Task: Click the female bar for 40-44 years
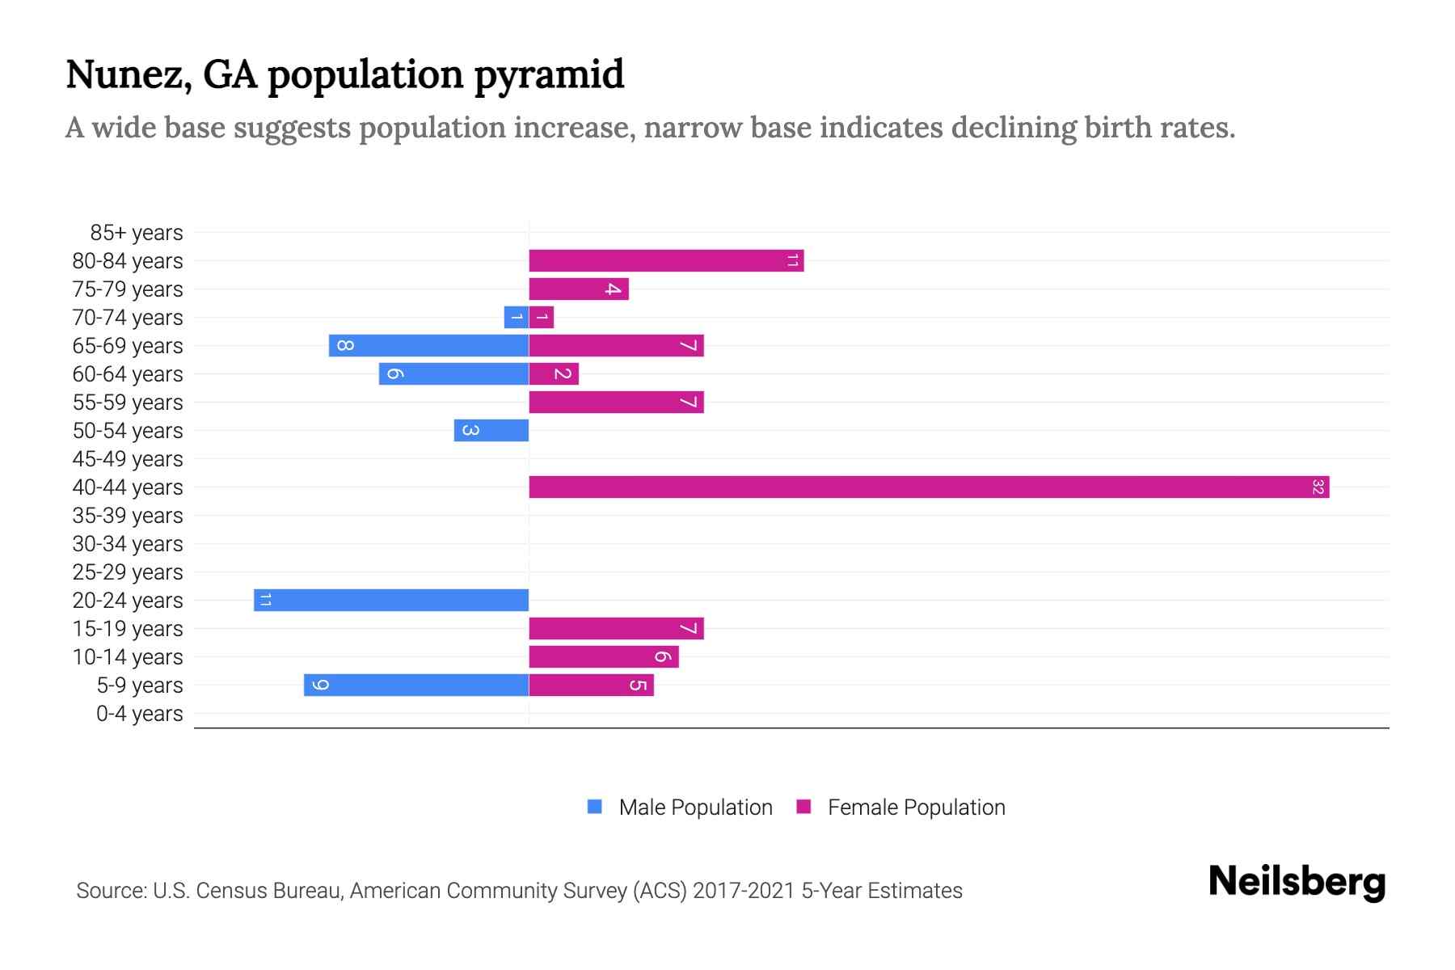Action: [x=929, y=487]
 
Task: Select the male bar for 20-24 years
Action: [x=391, y=601]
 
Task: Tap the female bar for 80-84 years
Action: [x=666, y=261]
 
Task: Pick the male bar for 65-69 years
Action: [x=428, y=346]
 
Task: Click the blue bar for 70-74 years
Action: [x=516, y=318]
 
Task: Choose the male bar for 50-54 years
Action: [x=491, y=431]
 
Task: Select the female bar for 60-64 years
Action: [x=554, y=374]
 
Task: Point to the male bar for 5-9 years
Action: [x=416, y=685]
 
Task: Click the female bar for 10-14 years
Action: [x=604, y=657]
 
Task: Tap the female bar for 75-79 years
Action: [x=579, y=289]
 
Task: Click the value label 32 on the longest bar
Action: [x=1318, y=487]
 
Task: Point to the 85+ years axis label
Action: [x=137, y=233]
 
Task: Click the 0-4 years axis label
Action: [x=139, y=714]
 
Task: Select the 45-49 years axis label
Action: [x=128, y=459]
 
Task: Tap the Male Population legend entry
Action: [x=695, y=808]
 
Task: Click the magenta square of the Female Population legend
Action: [x=803, y=807]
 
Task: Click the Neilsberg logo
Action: [x=1297, y=882]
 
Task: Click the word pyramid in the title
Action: [x=549, y=75]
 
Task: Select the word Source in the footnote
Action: [x=109, y=891]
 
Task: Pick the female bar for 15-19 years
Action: [x=616, y=629]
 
